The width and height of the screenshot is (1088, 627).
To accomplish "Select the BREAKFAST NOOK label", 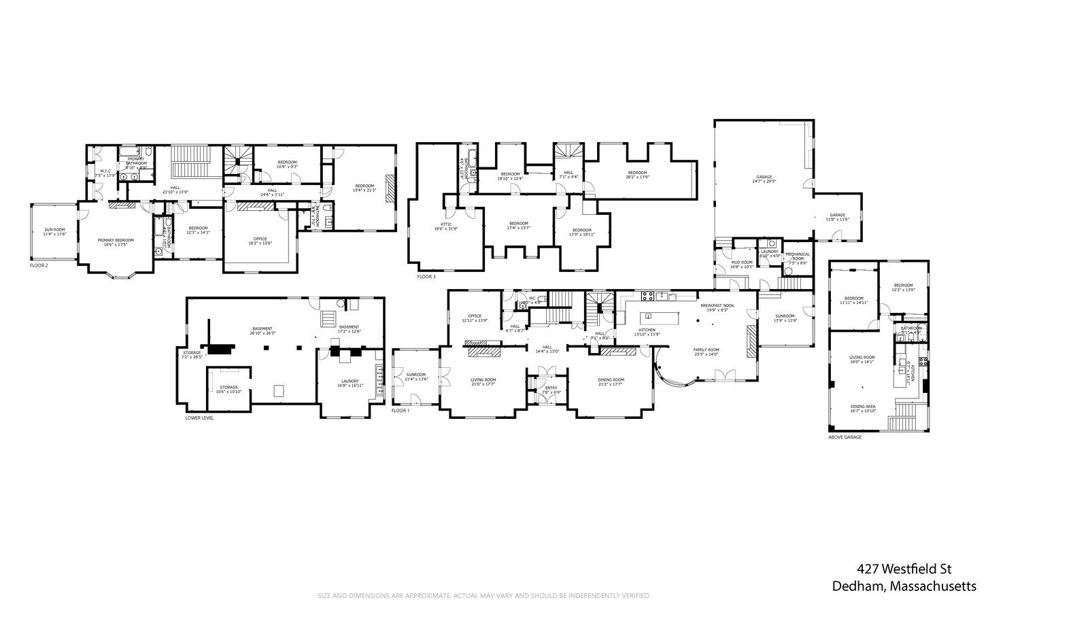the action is [717, 307].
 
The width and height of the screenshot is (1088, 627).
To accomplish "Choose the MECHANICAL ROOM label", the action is [798, 256].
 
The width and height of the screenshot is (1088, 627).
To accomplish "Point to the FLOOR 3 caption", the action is [427, 277].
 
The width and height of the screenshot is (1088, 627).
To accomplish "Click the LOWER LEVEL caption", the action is [199, 418].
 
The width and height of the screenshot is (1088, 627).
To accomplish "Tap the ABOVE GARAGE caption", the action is [845, 437].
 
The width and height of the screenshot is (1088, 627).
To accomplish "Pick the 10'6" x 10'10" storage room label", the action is [228, 390].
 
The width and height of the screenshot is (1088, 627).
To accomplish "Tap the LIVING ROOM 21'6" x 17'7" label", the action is [483, 382].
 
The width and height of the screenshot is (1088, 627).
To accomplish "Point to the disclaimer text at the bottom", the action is [485, 596].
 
